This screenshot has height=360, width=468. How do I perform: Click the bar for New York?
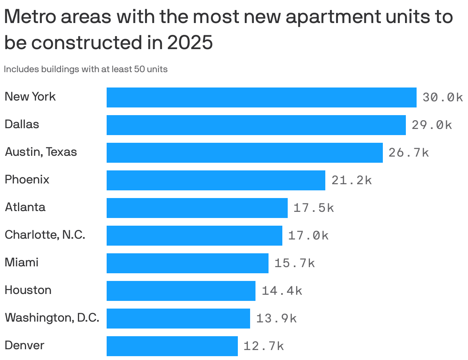261,97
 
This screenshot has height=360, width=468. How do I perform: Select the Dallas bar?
256,125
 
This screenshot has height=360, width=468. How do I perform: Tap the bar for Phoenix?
216,180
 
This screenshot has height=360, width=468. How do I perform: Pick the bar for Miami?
187,263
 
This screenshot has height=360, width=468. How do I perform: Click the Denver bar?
172,346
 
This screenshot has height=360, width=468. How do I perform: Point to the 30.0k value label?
442,97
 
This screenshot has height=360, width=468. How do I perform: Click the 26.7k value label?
409,153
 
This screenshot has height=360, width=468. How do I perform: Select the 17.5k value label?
313,208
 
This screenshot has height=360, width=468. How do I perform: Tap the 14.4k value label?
282,291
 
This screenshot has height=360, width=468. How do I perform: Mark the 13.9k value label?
276,319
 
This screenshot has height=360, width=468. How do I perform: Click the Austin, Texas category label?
41,152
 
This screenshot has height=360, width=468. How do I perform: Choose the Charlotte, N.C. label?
45,234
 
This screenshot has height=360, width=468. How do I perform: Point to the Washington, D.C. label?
52,318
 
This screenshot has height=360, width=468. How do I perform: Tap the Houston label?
28,290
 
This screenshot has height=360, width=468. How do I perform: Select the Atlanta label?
25,207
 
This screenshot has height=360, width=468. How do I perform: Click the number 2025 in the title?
190,43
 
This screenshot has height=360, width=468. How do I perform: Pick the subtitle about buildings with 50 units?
86,69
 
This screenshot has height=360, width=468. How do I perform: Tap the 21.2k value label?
351,180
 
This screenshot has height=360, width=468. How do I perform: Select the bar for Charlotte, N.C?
194,236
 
